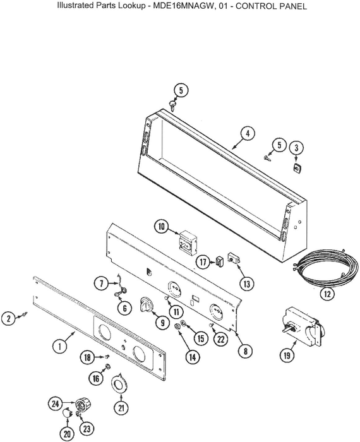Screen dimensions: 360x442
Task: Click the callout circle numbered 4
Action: pos(248,134)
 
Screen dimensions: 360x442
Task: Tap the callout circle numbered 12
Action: pos(327,294)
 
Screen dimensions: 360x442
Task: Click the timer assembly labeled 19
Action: pos(304,328)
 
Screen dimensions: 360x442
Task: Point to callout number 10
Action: pos(162,227)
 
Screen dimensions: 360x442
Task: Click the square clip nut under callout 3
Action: pos(297,167)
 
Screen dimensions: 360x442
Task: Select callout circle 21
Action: pos(121,408)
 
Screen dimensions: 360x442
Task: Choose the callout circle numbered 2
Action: pos(9,318)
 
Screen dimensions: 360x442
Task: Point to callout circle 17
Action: pos(203,262)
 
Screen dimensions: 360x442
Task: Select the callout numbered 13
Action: pos(246,284)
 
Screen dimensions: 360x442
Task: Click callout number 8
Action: pos(245,351)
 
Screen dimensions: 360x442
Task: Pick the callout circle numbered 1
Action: pos(60,346)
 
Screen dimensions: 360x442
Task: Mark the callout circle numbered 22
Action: pos(220,339)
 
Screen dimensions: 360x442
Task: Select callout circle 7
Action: pos(102,284)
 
